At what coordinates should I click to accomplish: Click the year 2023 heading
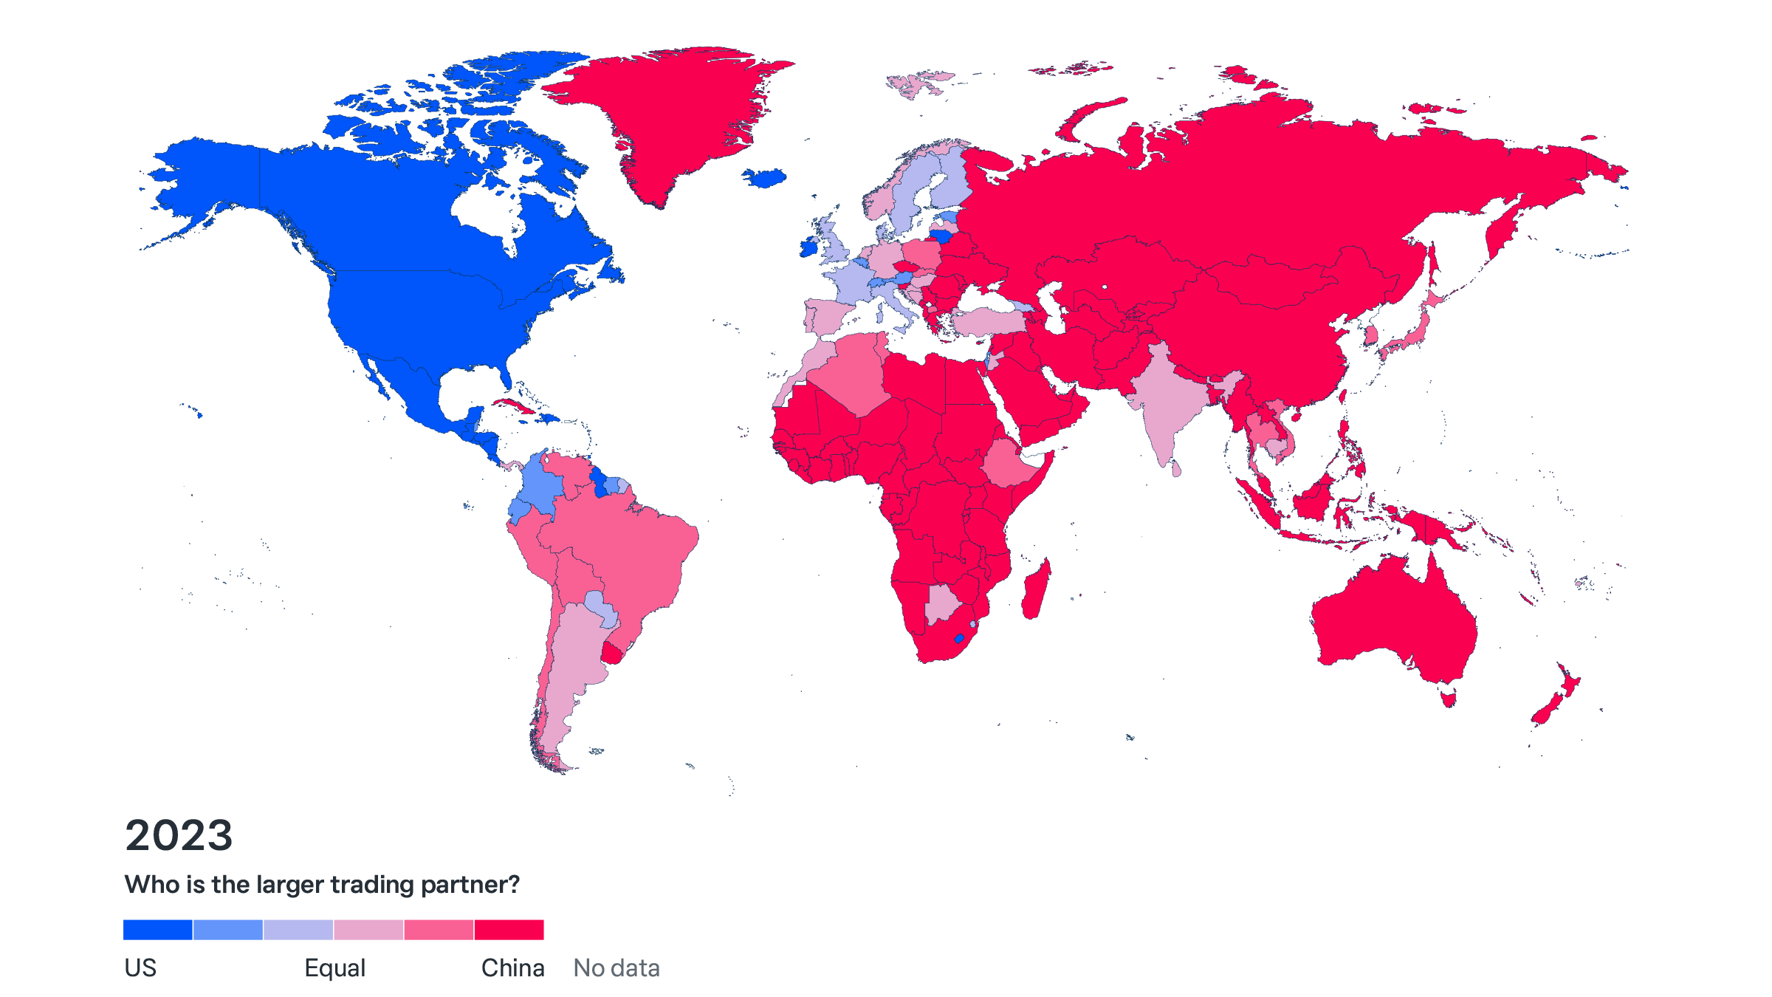click(x=179, y=835)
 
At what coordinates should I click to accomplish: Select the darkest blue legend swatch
click(x=157, y=930)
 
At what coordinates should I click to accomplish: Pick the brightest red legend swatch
click(x=509, y=930)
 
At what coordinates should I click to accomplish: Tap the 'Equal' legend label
click(x=334, y=968)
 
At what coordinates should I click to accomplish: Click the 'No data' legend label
click(x=617, y=968)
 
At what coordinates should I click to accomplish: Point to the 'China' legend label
click(x=512, y=968)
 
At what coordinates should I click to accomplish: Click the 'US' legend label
click(x=140, y=968)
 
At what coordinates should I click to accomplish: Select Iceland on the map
click(x=765, y=178)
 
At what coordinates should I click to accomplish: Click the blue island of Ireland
click(x=809, y=247)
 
